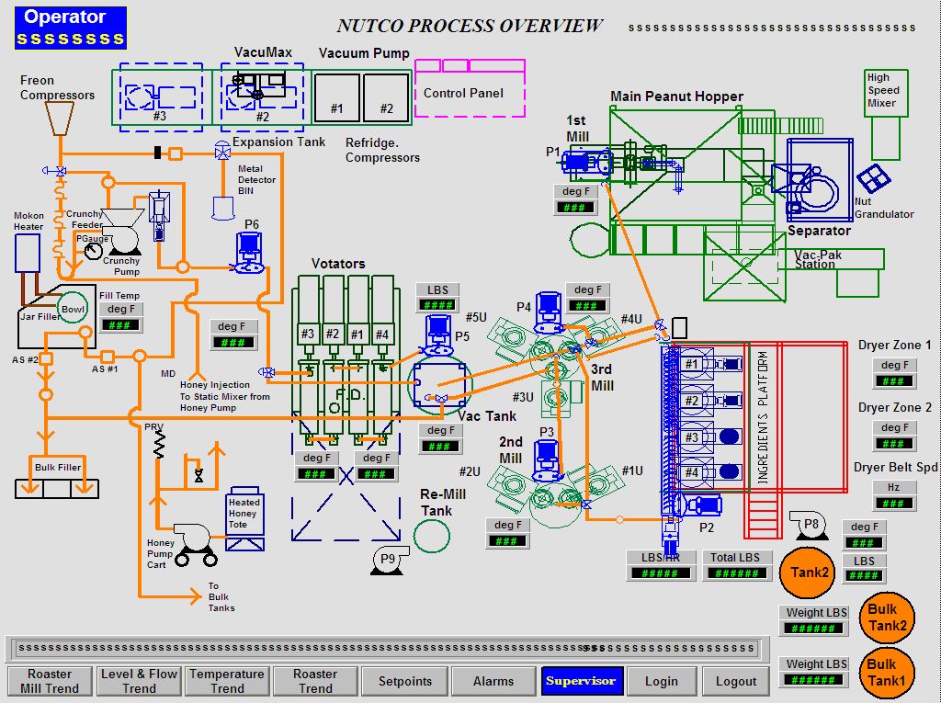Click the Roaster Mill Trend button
coord(50,681)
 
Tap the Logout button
coord(736,681)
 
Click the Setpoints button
coord(405,681)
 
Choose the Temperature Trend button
coord(227,681)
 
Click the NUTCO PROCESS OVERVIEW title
coord(470,26)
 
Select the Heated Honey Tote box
coord(244,515)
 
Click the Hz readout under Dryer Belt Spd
coord(894,504)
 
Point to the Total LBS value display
coord(735,573)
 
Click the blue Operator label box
coord(71,27)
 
